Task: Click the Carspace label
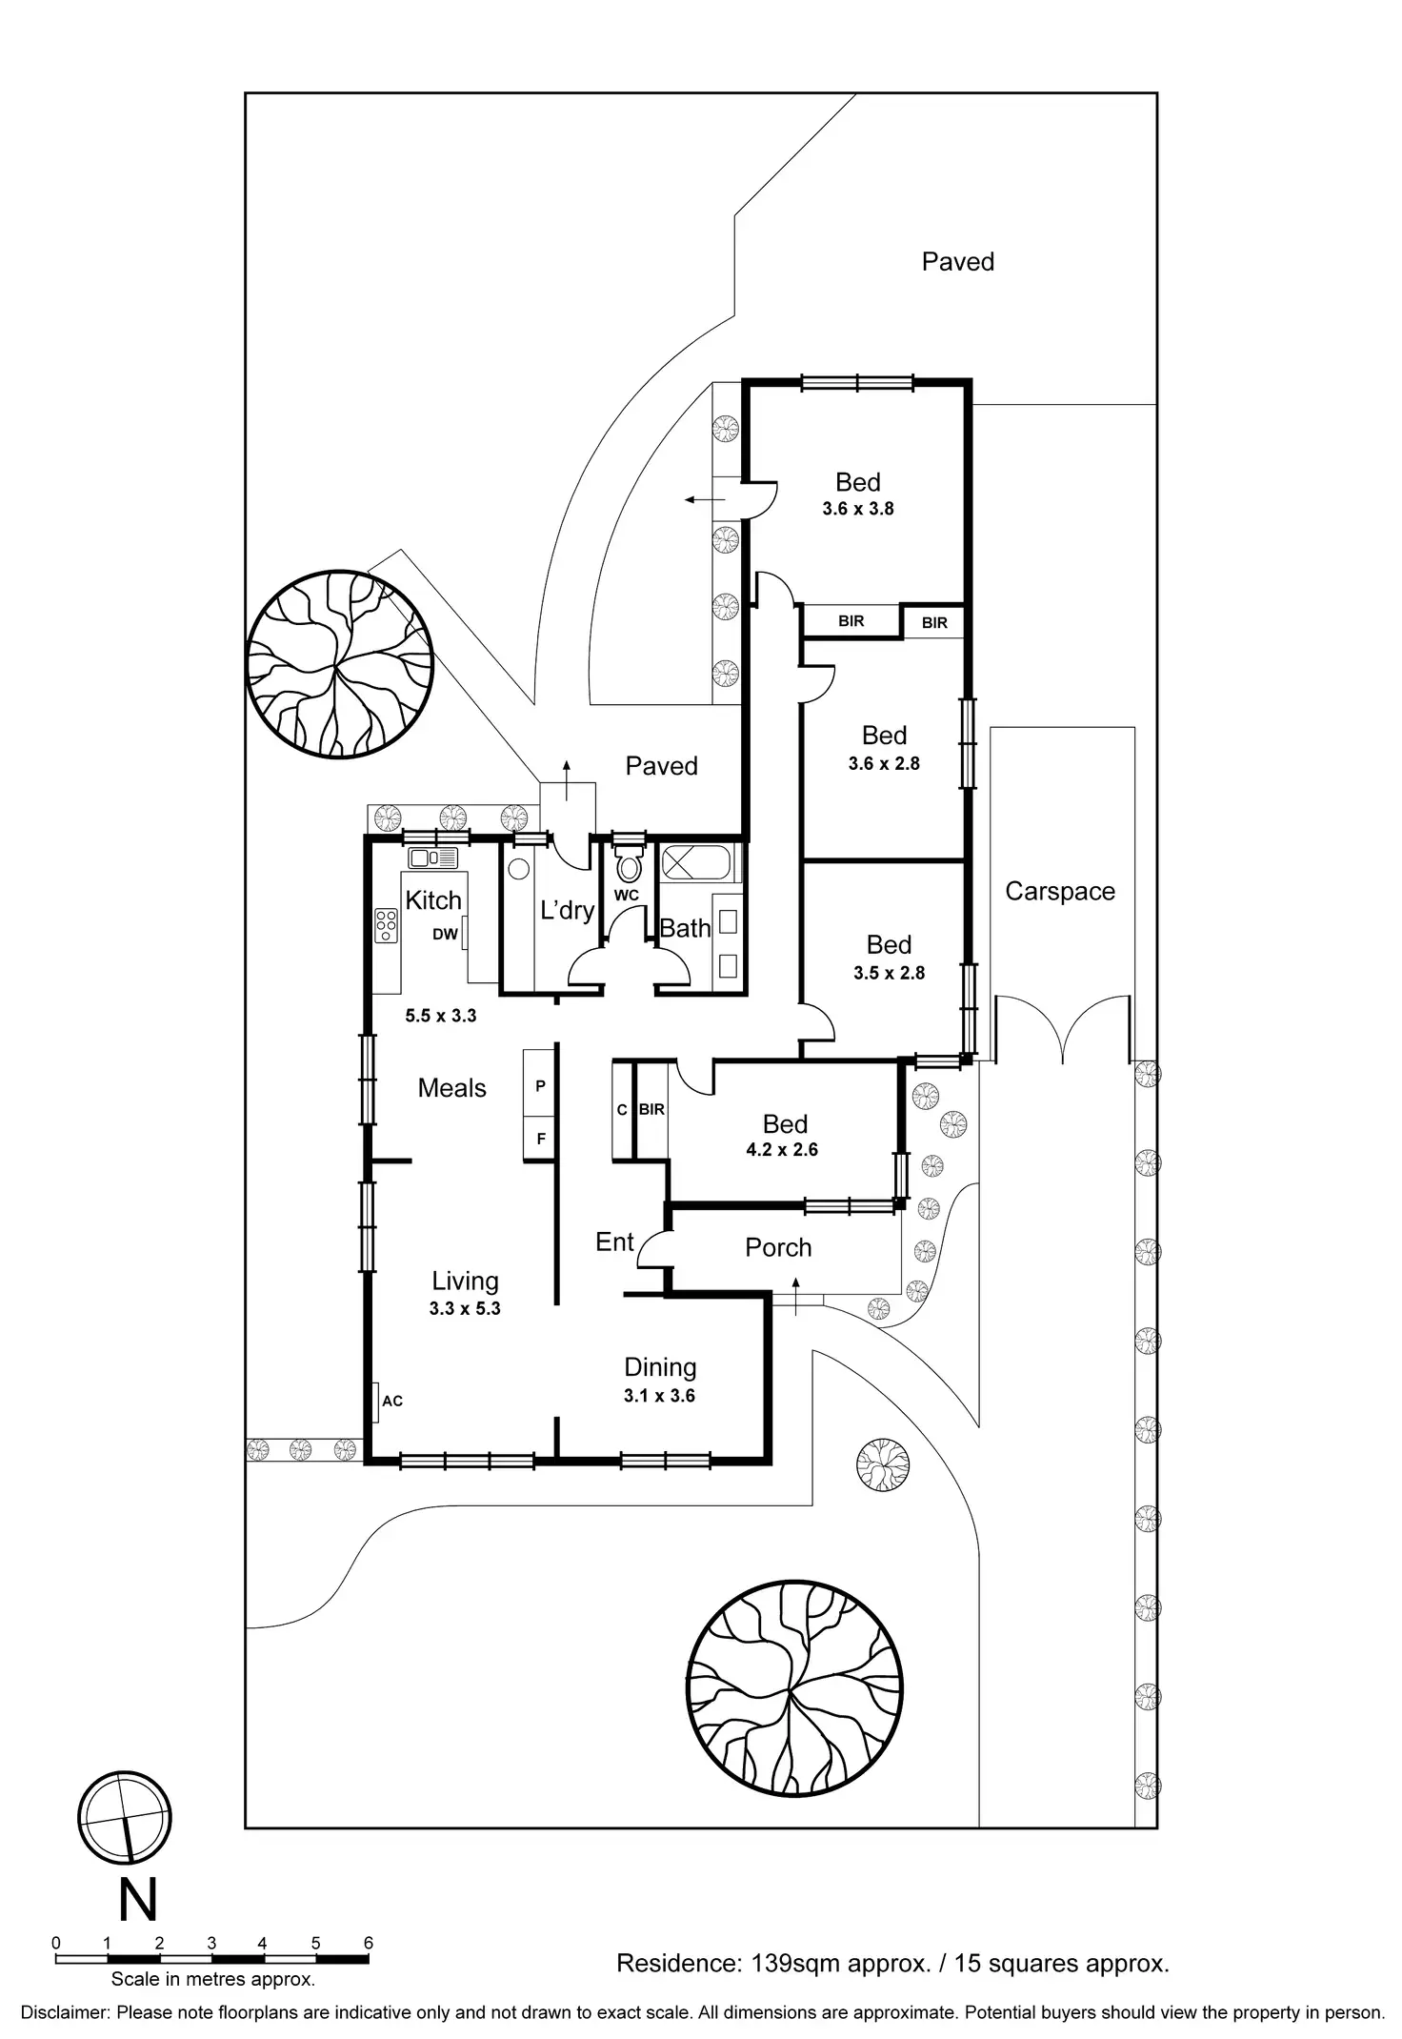coord(1059,892)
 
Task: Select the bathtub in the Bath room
coord(695,863)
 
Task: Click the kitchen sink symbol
coord(433,858)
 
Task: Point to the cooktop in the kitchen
coord(386,925)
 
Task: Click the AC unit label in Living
coord(391,1401)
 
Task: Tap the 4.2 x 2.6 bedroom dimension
coord(782,1150)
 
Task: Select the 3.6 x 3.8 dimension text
coord(858,509)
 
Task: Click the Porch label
coord(778,1247)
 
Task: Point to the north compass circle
coord(125,1818)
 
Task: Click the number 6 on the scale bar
coord(369,1944)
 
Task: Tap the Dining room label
coord(660,1367)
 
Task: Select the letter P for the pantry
coord(540,1086)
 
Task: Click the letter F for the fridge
coord(541,1139)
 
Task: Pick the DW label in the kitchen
coord(445,935)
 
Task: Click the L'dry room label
coord(567,910)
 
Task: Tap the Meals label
coord(451,1088)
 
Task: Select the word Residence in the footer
coord(676,1963)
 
